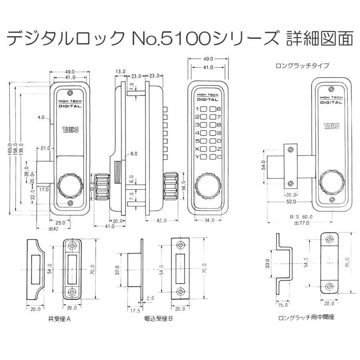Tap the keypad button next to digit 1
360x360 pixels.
coord(204,109)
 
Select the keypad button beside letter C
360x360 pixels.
coord(213,157)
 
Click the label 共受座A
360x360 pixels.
coord(59,319)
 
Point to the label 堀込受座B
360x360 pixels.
coord(159,319)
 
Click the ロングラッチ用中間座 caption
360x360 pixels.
coord(306,318)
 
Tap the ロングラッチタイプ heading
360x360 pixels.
coord(302,66)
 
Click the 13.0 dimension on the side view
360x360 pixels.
coord(120,72)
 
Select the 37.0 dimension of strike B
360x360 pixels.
coord(117,270)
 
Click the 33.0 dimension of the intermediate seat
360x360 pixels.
coord(268,264)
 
